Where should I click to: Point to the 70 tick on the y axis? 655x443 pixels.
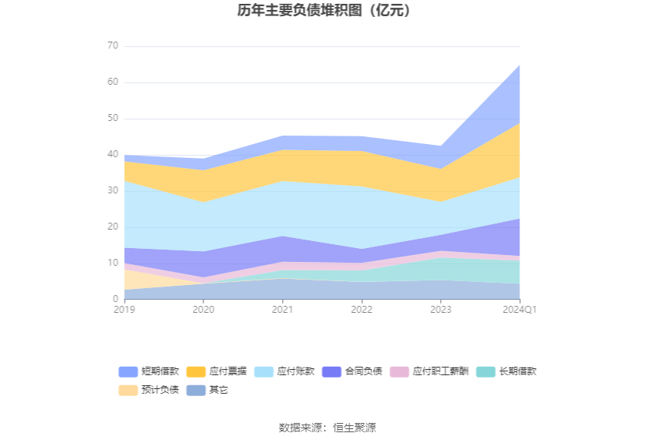click(113, 46)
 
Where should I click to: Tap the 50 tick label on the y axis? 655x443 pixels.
click(113, 119)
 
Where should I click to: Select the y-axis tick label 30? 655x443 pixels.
click(113, 191)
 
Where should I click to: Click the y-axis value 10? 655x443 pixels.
click(113, 263)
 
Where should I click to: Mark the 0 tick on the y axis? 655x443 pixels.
click(116, 299)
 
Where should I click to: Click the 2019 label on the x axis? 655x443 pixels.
click(124, 310)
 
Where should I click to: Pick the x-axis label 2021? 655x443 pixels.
click(282, 310)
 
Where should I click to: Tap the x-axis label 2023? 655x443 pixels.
click(441, 310)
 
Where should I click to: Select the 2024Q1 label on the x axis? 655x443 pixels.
click(519, 310)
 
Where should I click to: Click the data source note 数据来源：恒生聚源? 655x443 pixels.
click(327, 428)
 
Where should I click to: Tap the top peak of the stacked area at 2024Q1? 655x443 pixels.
click(519, 65)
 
